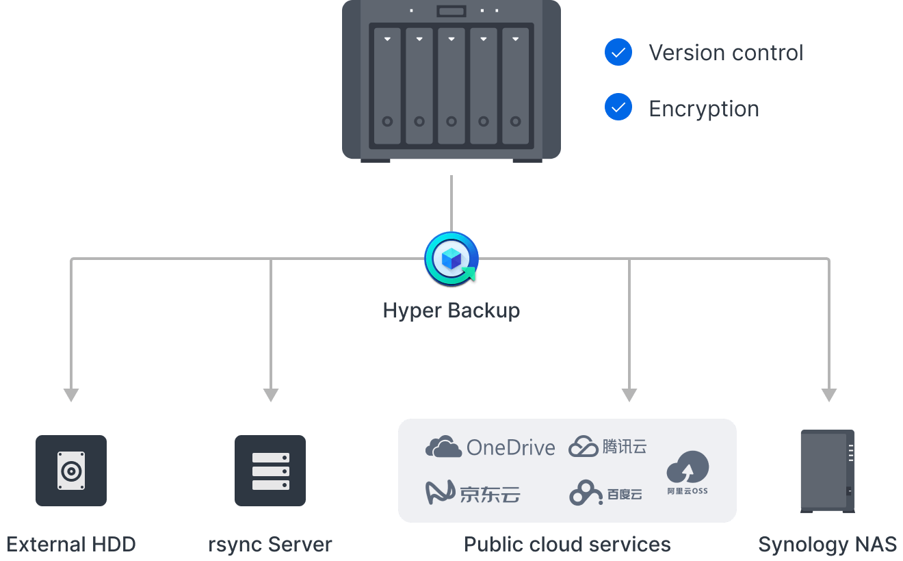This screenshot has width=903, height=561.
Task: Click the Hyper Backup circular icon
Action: click(451, 259)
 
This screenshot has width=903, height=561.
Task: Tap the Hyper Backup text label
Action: click(451, 311)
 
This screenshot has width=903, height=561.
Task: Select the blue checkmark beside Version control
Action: click(618, 52)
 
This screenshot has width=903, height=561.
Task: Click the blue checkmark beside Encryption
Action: click(618, 107)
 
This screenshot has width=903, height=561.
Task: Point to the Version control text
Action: click(726, 53)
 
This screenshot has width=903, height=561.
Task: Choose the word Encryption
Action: click(703, 109)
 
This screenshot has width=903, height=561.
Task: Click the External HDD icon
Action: click(71, 471)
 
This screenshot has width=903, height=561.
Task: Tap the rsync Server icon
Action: click(270, 471)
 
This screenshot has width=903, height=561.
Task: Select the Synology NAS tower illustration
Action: click(827, 471)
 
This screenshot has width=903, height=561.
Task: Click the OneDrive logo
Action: click(490, 447)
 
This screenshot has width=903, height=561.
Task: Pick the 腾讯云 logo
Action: click(607, 447)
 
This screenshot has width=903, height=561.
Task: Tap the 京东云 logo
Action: click(473, 493)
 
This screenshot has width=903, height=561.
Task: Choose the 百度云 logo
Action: click(605, 493)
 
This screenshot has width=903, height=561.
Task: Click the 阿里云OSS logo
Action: click(688, 473)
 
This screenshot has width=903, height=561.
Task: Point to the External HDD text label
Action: click(71, 545)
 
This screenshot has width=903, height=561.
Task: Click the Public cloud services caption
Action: click(567, 545)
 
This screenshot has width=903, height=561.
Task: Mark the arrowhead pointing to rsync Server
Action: click(271, 395)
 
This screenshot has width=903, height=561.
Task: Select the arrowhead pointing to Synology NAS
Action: click(829, 395)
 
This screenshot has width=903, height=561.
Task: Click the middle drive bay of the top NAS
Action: click(451, 86)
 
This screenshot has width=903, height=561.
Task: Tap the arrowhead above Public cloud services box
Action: click(629, 395)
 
